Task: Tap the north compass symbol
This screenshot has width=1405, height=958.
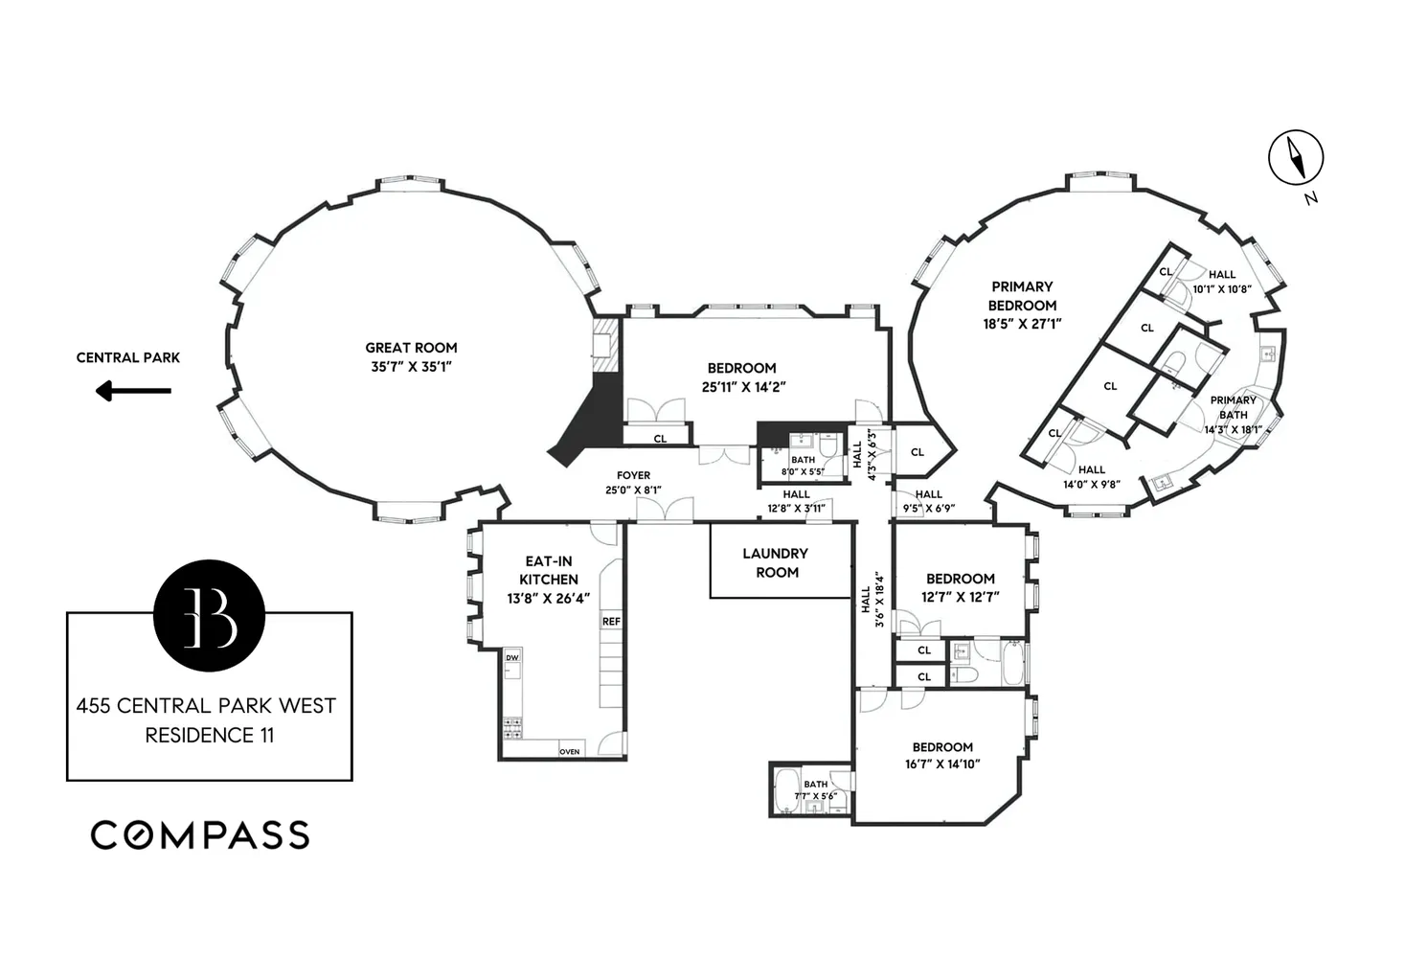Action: [x=1296, y=158]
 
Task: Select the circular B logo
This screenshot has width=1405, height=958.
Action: [x=209, y=615]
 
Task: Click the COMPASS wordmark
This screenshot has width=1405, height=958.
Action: [x=200, y=835]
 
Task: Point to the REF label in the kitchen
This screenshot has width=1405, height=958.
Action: [x=611, y=622]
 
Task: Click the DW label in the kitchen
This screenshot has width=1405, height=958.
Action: [x=512, y=657]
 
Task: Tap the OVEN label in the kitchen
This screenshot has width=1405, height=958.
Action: [x=569, y=752]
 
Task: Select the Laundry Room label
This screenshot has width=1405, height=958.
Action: [x=776, y=563]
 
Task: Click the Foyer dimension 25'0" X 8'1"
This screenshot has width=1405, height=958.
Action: [x=633, y=490]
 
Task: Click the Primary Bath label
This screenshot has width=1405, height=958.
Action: [x=1233, y=408]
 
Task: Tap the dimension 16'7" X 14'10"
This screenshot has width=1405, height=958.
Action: [x=942, y=764]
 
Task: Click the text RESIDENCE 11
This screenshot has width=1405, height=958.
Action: [x=209, y=736]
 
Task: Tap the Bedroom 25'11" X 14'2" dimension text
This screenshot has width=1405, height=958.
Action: [x=743, y=387]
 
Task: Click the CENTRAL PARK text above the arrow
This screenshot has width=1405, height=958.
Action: [x=128, y=357]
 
